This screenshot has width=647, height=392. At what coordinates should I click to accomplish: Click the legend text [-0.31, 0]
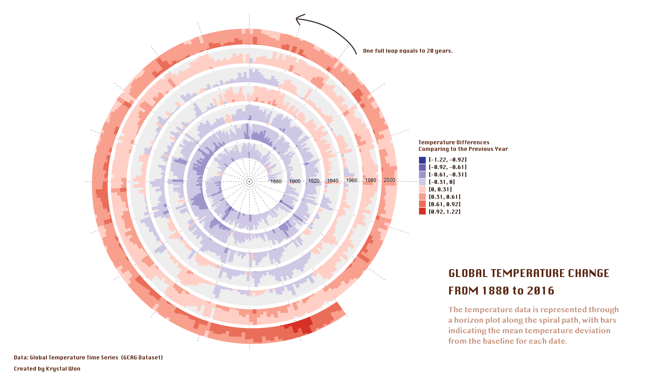pos(442,182)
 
